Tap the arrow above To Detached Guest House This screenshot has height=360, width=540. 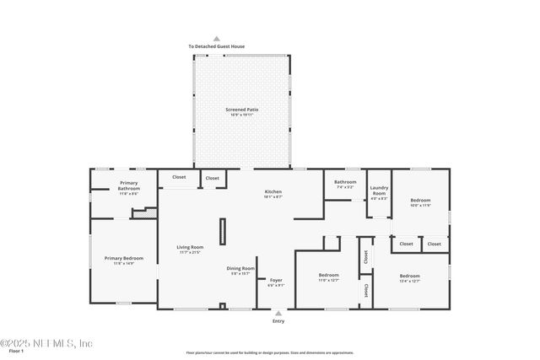tap(217, 39)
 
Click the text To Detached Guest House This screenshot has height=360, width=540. tap(217, 46)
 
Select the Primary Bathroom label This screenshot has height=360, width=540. tap(128, 183)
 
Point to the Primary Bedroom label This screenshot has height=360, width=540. tap(124, 258)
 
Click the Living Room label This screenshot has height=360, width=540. tap(190, 247)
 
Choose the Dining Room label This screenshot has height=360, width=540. tap(241, 268)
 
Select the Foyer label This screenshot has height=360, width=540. tap(276, 280)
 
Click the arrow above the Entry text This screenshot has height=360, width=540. tap(278, 312)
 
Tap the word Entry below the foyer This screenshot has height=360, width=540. tap(278, 321)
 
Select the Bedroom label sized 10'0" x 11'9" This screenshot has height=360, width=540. tap(420, 200)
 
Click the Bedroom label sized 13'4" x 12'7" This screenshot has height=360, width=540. tap(410, 276)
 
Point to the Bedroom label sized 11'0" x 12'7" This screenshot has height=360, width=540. tap(328, 276)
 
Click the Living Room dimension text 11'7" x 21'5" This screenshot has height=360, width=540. tap(190, 252)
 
